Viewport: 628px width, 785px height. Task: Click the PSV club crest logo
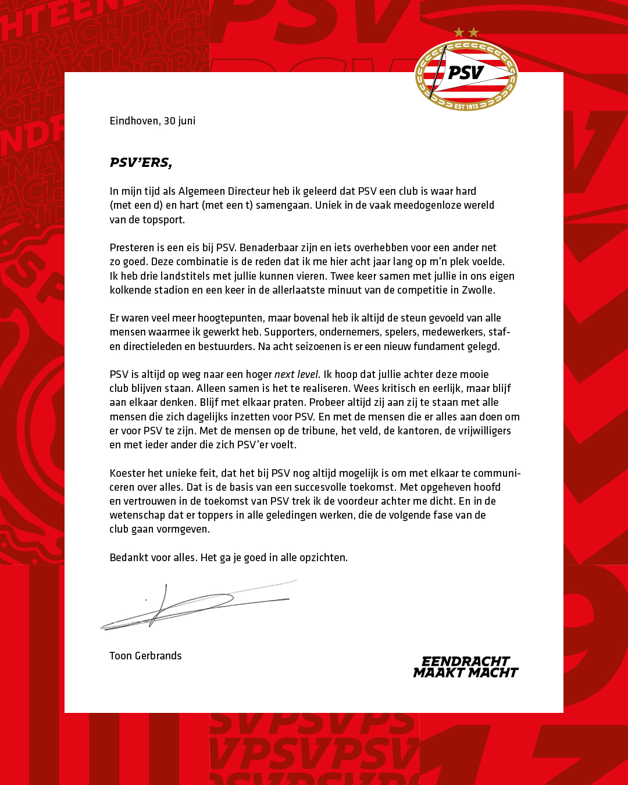click(x=466, y=75)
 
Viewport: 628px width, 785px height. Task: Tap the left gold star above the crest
click(x=459, y=32)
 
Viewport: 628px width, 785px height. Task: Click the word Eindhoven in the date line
click(x=134, y=121)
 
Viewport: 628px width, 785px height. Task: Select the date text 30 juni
click(x=180, y=121)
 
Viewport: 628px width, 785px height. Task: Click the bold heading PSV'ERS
click(x=141, y=163)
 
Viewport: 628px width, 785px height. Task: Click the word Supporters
click(x=289, y=332)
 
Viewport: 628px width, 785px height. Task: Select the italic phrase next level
click(x=297, y=374)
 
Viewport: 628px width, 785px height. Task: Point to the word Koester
click(x=127, y=473)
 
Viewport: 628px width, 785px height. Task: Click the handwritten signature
click(x=198, y=605)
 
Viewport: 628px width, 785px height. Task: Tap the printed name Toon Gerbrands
click(x=145, y=656)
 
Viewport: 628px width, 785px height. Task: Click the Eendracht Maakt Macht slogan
click(x=465, y=667)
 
